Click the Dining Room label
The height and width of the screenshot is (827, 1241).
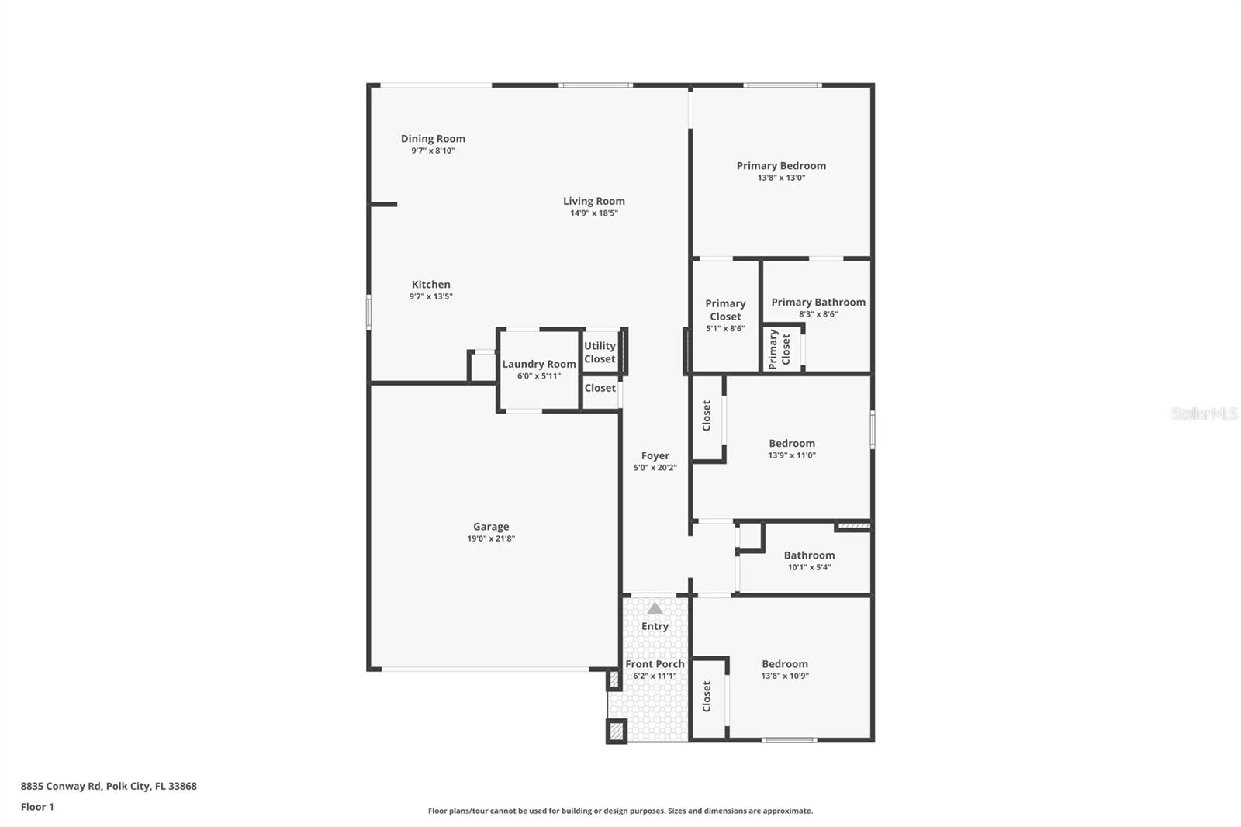click(x=433, y=139)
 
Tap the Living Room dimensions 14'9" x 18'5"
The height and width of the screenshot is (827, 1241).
click(x=593, y=213)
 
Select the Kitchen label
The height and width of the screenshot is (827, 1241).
click(x=430, y=285)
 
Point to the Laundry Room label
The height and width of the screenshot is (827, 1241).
click(x=539, y=364)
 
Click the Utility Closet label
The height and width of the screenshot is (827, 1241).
click(x=600, y=352)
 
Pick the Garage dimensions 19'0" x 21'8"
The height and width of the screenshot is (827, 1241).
click(x=491, y=538)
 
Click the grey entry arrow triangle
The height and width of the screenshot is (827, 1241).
click(x=655, y=608)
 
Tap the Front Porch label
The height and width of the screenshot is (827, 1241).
click(x=655, y=664)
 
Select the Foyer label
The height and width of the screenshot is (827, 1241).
click(x=655, y=456)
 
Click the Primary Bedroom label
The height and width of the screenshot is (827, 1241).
click(x=781, y=166)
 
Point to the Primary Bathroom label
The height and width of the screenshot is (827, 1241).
click(x=818, y=303)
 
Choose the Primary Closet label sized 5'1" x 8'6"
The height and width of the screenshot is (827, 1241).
click(x=725, y=310)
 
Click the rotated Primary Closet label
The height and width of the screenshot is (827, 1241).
click(x=780, y=349)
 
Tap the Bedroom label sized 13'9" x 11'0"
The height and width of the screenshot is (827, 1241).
click(x=791, y=444)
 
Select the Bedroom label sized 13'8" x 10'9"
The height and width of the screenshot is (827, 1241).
click(x=784, y=664)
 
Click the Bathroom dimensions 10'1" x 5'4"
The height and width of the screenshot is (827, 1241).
click(x=809, y=567)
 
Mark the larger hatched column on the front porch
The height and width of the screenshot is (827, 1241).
click(x=616, y=732)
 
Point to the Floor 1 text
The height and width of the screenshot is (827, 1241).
click(x=37, y=807)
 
